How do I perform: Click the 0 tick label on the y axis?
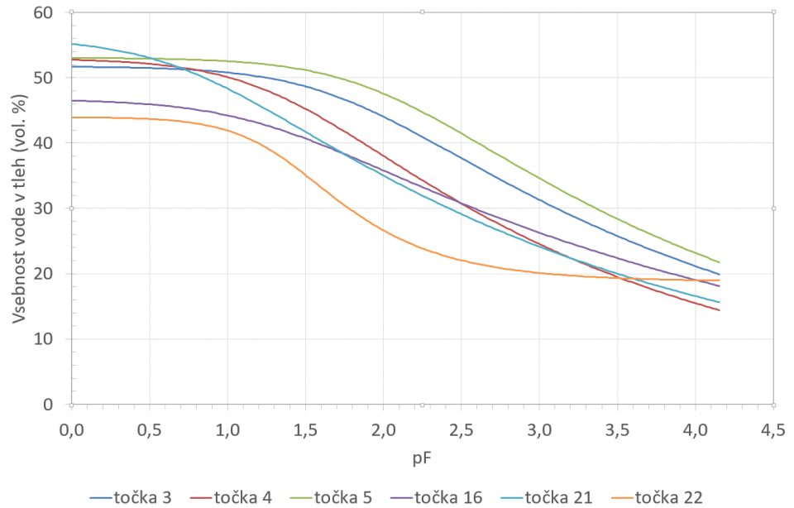click(x=46, y=405)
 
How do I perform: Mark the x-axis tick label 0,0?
click(x=72, y=430)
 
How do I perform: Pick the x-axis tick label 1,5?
click(x=306, y=430)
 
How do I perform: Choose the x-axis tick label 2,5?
click(x=462, y=430)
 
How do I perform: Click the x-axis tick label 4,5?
click(x=773, y=430)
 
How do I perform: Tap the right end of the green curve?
click(x=720, y=262)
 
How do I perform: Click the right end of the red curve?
click(x=720, y=310)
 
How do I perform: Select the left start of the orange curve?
click(x=73, y=117)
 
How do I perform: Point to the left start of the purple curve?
click(x=73, y=100)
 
